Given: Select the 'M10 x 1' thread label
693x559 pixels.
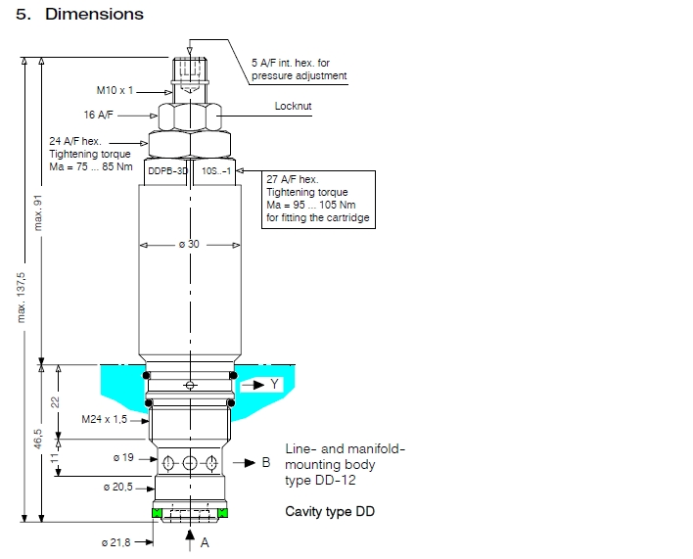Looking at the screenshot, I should pyautogui.click(x=115, y=90).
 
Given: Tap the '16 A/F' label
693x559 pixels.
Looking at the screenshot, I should pyautogui.click(x=98, y=115).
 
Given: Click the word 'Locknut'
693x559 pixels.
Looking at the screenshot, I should pyautogui.click(x=293, y=106).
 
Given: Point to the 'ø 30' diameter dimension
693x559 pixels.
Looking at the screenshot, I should pyautogui.click(x=188, y=244).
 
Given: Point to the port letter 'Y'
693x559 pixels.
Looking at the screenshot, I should pyautogui.click(x=275, y=385).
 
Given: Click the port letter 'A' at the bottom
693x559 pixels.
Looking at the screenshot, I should pyautogui.click(x=205, y=541).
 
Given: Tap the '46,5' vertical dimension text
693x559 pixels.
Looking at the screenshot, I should pyautogui.click(x=38, y=439).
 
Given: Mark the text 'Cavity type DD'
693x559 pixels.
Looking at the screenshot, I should pyautogui.click(x=330, y=511).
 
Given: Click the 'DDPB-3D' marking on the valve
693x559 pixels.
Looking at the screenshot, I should pyautogui.click(x=166, y=170).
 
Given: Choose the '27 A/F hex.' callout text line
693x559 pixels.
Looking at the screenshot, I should pyautogui.click(x=292, y=179).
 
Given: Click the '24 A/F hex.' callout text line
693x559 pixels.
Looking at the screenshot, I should pyautogui.click(x=75, y=142).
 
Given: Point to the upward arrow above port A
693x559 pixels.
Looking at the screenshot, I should pyautogui.click(x=189, y=534).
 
